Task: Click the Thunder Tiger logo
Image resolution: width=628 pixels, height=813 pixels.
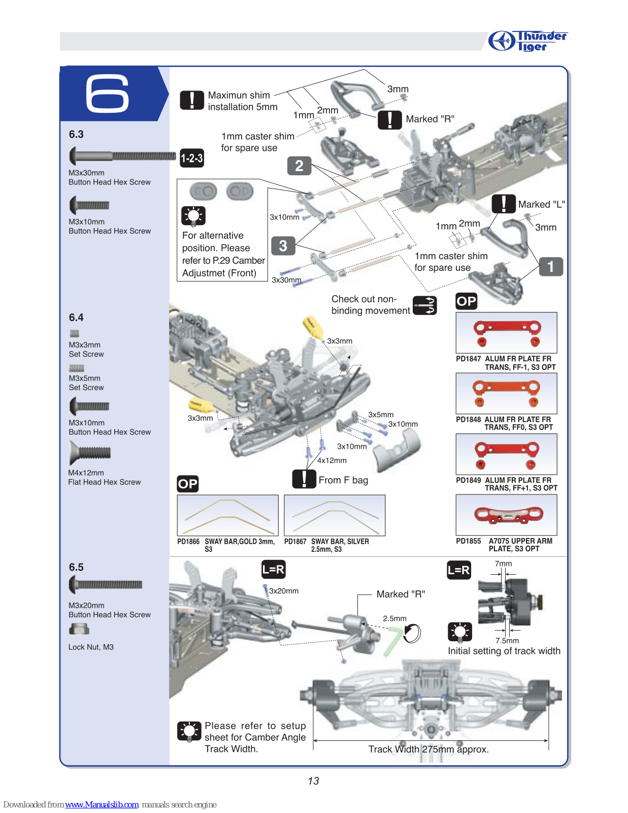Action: coord(528,41)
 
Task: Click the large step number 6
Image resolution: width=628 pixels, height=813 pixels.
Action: coord(107,93)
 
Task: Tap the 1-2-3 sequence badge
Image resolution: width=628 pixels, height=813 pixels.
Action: coord(192,158)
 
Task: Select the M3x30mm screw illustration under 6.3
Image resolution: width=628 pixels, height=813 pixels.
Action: coord(122,156)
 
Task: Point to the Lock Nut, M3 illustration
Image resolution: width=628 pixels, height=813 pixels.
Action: coord(79,630)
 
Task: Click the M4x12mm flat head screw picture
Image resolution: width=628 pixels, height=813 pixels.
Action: coord(89,452)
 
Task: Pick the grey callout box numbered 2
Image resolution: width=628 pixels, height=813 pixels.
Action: coord(299,166)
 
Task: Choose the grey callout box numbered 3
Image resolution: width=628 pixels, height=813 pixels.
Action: coord(283,246)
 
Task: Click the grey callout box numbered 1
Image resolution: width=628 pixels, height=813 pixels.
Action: coord(551,266)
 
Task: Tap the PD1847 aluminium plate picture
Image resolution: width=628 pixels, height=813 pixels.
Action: coord(506,333)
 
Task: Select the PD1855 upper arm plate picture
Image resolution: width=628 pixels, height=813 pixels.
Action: coord(506,515)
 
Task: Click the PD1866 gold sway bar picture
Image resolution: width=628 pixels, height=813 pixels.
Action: coord(227,515)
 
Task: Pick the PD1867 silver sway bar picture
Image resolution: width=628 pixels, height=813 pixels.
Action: coord(335,515)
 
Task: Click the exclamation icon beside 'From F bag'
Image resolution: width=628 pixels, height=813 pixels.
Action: coord(304,479)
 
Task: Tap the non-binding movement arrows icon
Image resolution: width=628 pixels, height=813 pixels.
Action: coord(425,305)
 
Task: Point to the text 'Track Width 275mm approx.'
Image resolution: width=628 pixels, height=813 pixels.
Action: coord(428,749)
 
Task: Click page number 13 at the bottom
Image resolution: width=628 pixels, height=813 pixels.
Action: coord(313,781)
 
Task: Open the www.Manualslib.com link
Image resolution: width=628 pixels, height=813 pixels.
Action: coord(102,804)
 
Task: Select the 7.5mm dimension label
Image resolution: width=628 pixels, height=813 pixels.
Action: coord(507,641)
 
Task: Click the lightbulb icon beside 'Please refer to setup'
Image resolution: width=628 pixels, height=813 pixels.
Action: coord(189,732)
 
